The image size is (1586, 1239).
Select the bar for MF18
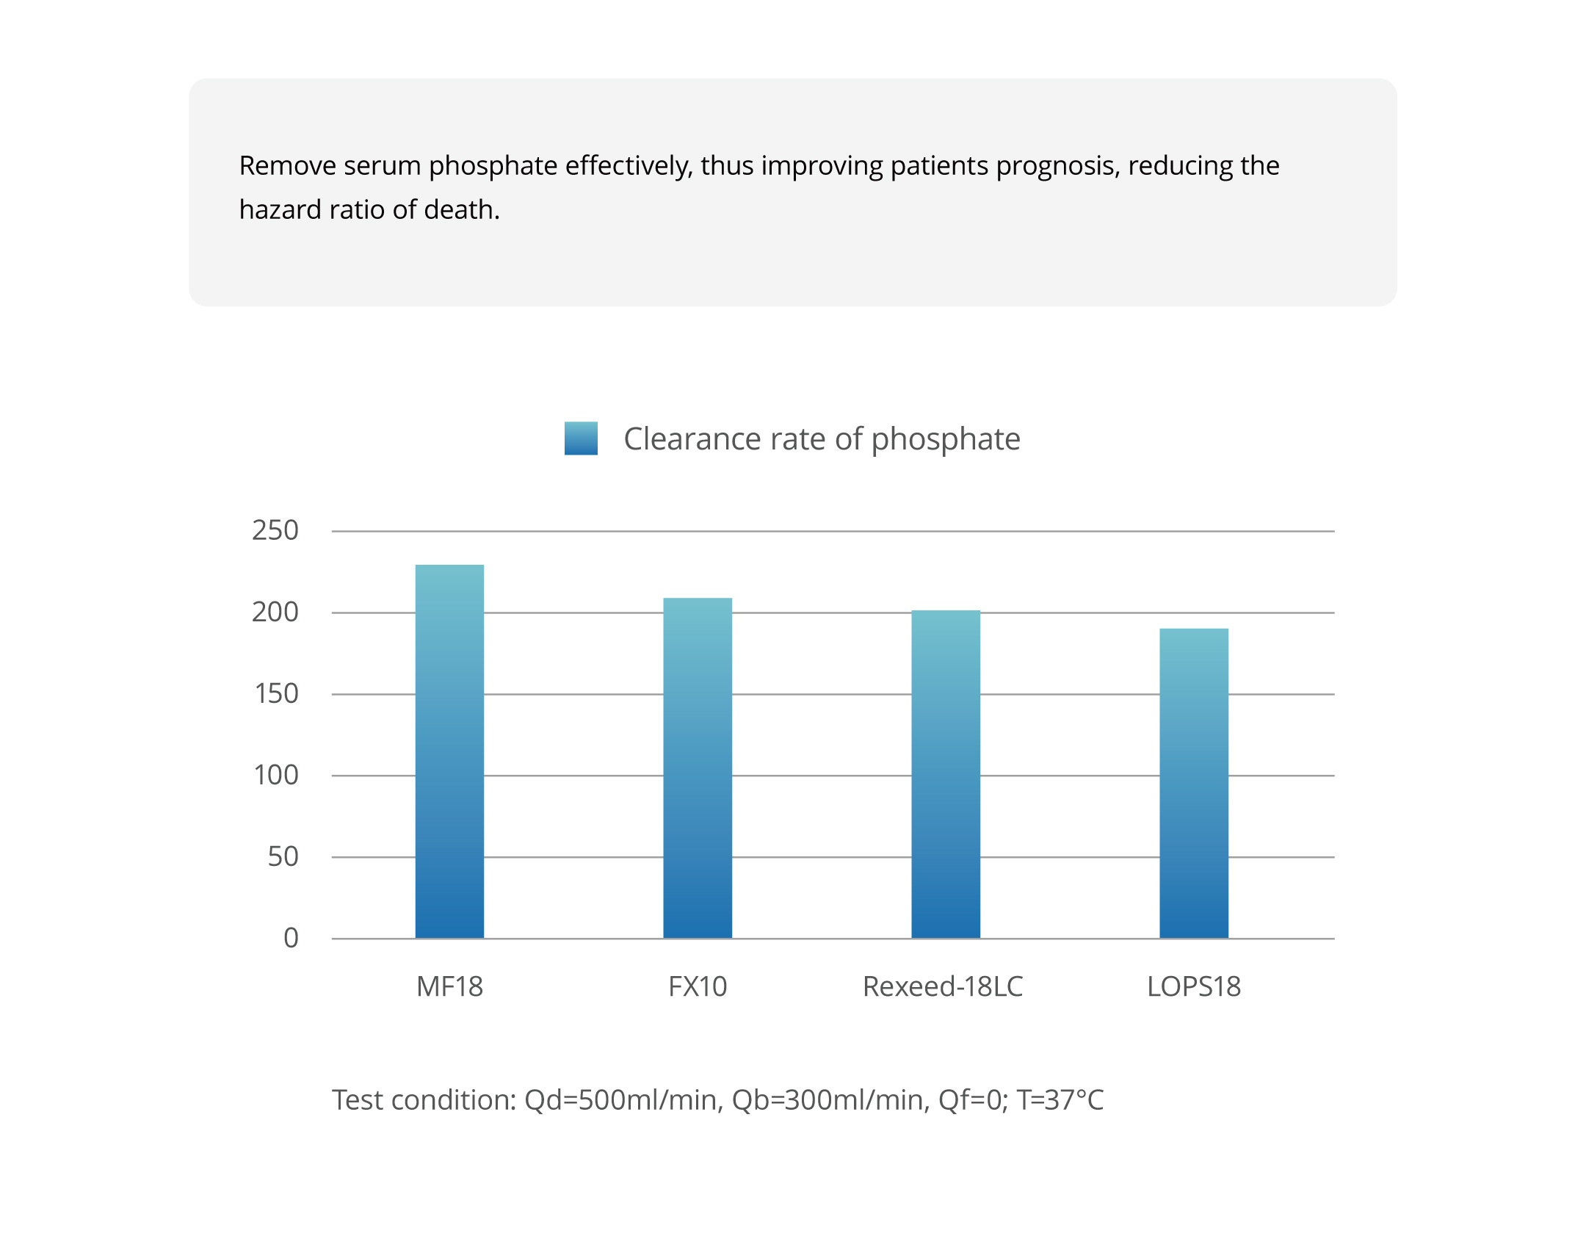[449, 751]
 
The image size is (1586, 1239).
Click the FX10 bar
[698, 767]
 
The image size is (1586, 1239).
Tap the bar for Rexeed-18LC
[946, 774]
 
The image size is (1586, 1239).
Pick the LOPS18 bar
[1194, 783]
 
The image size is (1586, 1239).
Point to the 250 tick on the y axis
[275, 530]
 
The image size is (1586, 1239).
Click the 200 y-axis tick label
[275, 612]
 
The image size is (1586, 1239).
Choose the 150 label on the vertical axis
[276, 693]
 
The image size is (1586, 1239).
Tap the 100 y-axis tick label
[276, 775]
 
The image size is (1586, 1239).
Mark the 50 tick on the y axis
[283, 856]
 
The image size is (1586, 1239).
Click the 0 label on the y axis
[291, 938]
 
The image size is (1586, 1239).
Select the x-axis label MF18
[449, 986]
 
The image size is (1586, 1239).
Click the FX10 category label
[698, 986]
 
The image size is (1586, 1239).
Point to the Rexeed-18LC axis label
[943, 986]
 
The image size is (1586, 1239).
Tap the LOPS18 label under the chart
[1194, 986]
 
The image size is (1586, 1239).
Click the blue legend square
[581, 438]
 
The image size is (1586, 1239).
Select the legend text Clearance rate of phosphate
[822, 439]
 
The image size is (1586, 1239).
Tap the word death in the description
[461, 210]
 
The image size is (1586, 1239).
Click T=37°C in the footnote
[1060, 1100]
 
